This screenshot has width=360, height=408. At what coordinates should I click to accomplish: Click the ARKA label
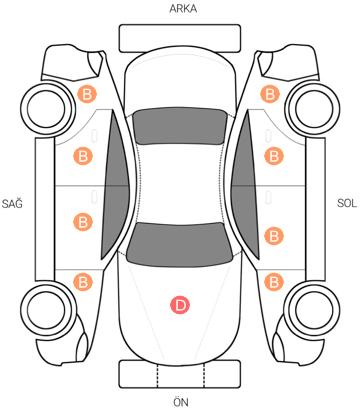click(x=183, y=9)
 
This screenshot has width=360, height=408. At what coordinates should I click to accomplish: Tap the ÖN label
click(x=180, y=402)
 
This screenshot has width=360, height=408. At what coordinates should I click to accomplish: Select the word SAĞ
click(x=12, y=203)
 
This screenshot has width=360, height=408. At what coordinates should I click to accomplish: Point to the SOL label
click(x=347, y=203)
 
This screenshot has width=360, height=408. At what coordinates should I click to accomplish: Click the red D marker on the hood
click(x=180, y=305)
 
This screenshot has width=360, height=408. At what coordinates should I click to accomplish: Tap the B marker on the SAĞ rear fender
click(x=87, y=94)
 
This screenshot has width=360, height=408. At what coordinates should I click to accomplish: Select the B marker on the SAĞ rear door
click(x=83, y=156)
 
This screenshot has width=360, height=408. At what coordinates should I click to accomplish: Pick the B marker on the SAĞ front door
click(x=83, y=222)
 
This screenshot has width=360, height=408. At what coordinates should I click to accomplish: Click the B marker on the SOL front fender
click(x=274, y=282)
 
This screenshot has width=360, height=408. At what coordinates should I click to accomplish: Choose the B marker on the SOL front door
click(x=274, y=236)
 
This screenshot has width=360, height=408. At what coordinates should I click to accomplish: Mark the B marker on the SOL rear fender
click(x=270, y=94)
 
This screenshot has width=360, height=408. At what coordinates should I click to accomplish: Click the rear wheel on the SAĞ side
click(x=47, y=109)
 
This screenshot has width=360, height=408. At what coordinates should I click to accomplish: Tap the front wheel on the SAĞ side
click(x=47, y=309)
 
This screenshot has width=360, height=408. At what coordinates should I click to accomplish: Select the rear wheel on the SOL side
click(x=314, y=108)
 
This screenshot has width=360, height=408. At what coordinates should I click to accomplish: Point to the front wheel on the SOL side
click(x=312, y=309)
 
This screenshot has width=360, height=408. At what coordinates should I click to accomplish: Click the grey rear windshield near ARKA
click(x=180, y=126)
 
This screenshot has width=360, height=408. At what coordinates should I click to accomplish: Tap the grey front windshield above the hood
click(x=180, y=244)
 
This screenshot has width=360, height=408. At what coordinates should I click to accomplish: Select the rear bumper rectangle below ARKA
click(x=180, y=38)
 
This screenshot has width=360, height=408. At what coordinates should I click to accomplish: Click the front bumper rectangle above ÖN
click(x=180, y=374)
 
